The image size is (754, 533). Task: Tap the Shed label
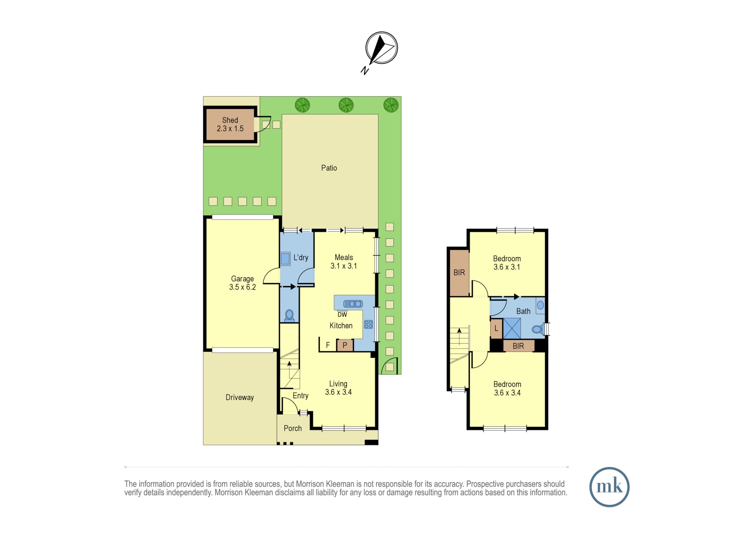click(230, 120)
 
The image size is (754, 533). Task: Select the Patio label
click(329, 168)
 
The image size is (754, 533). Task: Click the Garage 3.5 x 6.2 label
click(242, 283)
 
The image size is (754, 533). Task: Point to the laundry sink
click(285, 259)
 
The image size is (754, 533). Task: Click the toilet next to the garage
click(289, 316)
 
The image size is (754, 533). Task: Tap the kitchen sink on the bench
click(353, 304)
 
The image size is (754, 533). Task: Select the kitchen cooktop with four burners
click(369, 324)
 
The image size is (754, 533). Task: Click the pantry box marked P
click(345, 345)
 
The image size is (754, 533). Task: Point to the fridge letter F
click(328, 345)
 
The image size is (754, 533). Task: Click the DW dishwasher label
click(342, 315)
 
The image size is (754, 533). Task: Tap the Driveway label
click(240, 398)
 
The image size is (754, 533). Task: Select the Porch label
click(293, 428)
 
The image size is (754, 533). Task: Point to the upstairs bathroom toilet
click(538, 329)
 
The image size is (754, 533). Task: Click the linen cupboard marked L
click(496, 328)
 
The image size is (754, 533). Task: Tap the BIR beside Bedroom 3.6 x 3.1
click(459, 273)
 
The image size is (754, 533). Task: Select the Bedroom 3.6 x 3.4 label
click(507, 389)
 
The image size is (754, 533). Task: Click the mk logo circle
click(609, 487)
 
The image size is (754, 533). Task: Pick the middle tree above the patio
click(346, 105)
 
